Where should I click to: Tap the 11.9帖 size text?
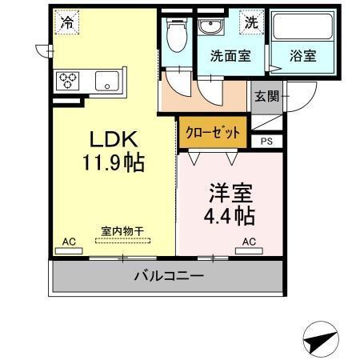[113, 163]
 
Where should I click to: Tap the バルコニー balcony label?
[168, 276]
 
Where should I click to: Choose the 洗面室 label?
[228, 57]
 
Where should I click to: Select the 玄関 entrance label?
[266, 96]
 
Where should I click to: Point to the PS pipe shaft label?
[266, 142]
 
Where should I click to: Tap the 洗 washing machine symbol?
[252, 22]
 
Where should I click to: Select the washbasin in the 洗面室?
[212, 26]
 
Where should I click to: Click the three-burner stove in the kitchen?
[66, 81]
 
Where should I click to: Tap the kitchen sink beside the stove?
[105, 81]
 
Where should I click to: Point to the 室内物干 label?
[122, 231]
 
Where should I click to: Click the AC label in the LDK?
[69, 242]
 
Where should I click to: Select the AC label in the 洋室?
[249, 242]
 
